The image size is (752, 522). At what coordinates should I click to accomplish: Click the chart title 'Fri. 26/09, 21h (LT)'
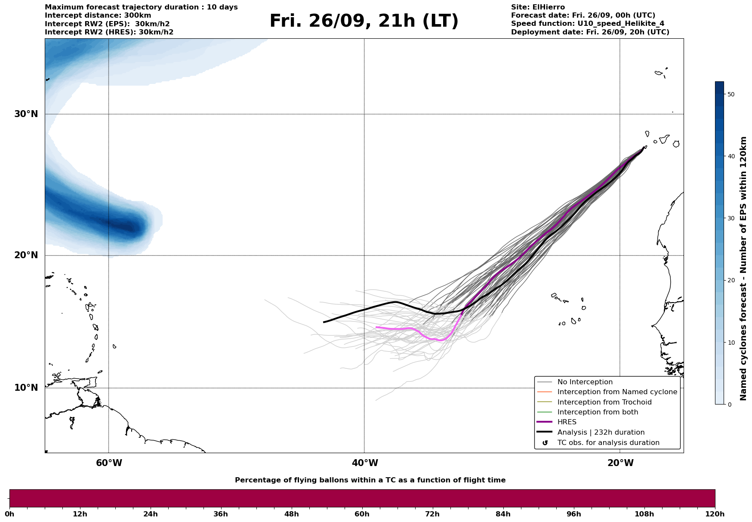364,22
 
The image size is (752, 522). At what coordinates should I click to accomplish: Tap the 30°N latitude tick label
26,114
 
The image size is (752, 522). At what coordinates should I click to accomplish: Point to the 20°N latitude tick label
26,255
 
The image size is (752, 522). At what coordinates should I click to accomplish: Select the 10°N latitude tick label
26,388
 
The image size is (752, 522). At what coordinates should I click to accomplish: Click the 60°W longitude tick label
109,463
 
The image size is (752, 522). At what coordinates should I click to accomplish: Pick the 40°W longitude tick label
365,463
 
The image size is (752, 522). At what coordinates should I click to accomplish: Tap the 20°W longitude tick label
620,463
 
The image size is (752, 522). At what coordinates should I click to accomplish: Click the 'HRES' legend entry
567,422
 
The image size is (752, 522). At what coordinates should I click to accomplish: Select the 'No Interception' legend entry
585,382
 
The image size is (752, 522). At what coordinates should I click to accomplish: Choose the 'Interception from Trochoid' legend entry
604,402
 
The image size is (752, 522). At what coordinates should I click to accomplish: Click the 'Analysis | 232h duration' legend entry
601,432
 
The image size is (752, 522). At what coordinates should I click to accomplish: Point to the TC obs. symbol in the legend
545,443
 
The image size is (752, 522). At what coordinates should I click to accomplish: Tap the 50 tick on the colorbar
730,94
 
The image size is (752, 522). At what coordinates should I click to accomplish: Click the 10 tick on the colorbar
730,343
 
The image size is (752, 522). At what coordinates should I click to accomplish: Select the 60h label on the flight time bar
362,514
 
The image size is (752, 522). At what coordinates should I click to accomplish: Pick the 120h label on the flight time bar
715,514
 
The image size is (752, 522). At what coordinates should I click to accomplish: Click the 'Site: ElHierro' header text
538,7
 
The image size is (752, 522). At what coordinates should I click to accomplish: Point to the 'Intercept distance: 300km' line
98,15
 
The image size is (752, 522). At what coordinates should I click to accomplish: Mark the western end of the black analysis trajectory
324,322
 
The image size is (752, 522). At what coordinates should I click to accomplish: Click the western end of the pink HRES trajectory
376,327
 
